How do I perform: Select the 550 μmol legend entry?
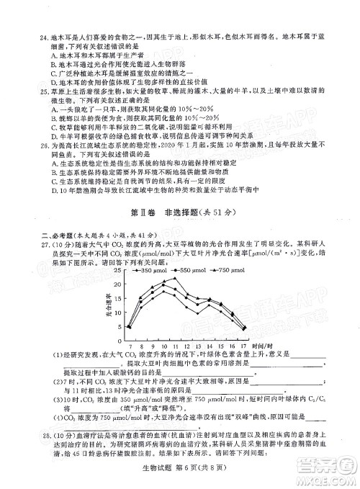pyautogui.click(x=184, y=269)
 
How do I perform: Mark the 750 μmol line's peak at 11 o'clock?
pyautogui.click(x=175, y=279)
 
